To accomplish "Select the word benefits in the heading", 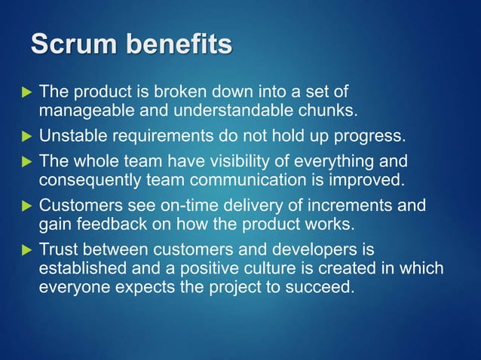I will (182, 45).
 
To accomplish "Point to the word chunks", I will (329, 111).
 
